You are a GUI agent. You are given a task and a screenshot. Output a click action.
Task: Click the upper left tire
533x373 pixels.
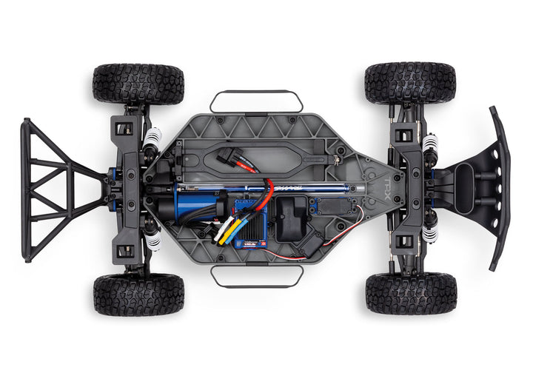(x=138, y=83)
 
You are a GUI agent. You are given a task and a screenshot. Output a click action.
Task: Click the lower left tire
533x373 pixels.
(x=139, y=294)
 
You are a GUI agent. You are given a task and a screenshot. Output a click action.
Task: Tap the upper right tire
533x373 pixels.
(x=409, y=82)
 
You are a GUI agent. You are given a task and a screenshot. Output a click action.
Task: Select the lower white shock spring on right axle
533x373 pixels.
(x=429, y=234)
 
